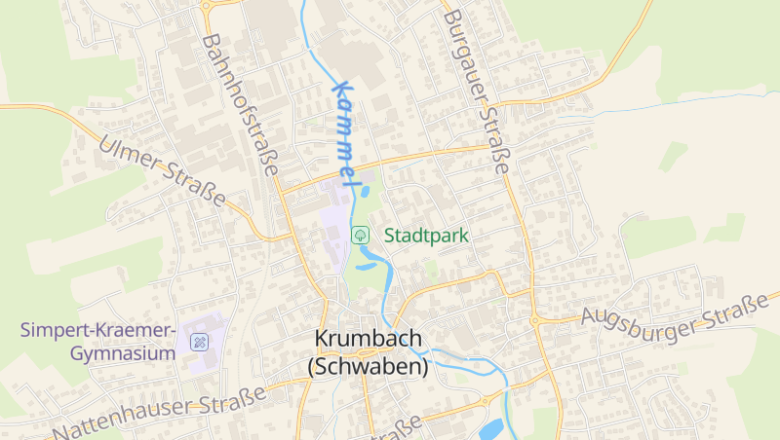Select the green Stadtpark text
point(427,236)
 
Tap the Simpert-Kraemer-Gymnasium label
point(98,342)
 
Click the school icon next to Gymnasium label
point(200,342)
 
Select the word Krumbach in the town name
point(368,338)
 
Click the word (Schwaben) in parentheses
point(368,368)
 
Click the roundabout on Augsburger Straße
point(534,319)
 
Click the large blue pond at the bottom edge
point(491,429)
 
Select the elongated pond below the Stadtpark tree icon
point(369,264)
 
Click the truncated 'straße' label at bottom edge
point(396,428)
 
